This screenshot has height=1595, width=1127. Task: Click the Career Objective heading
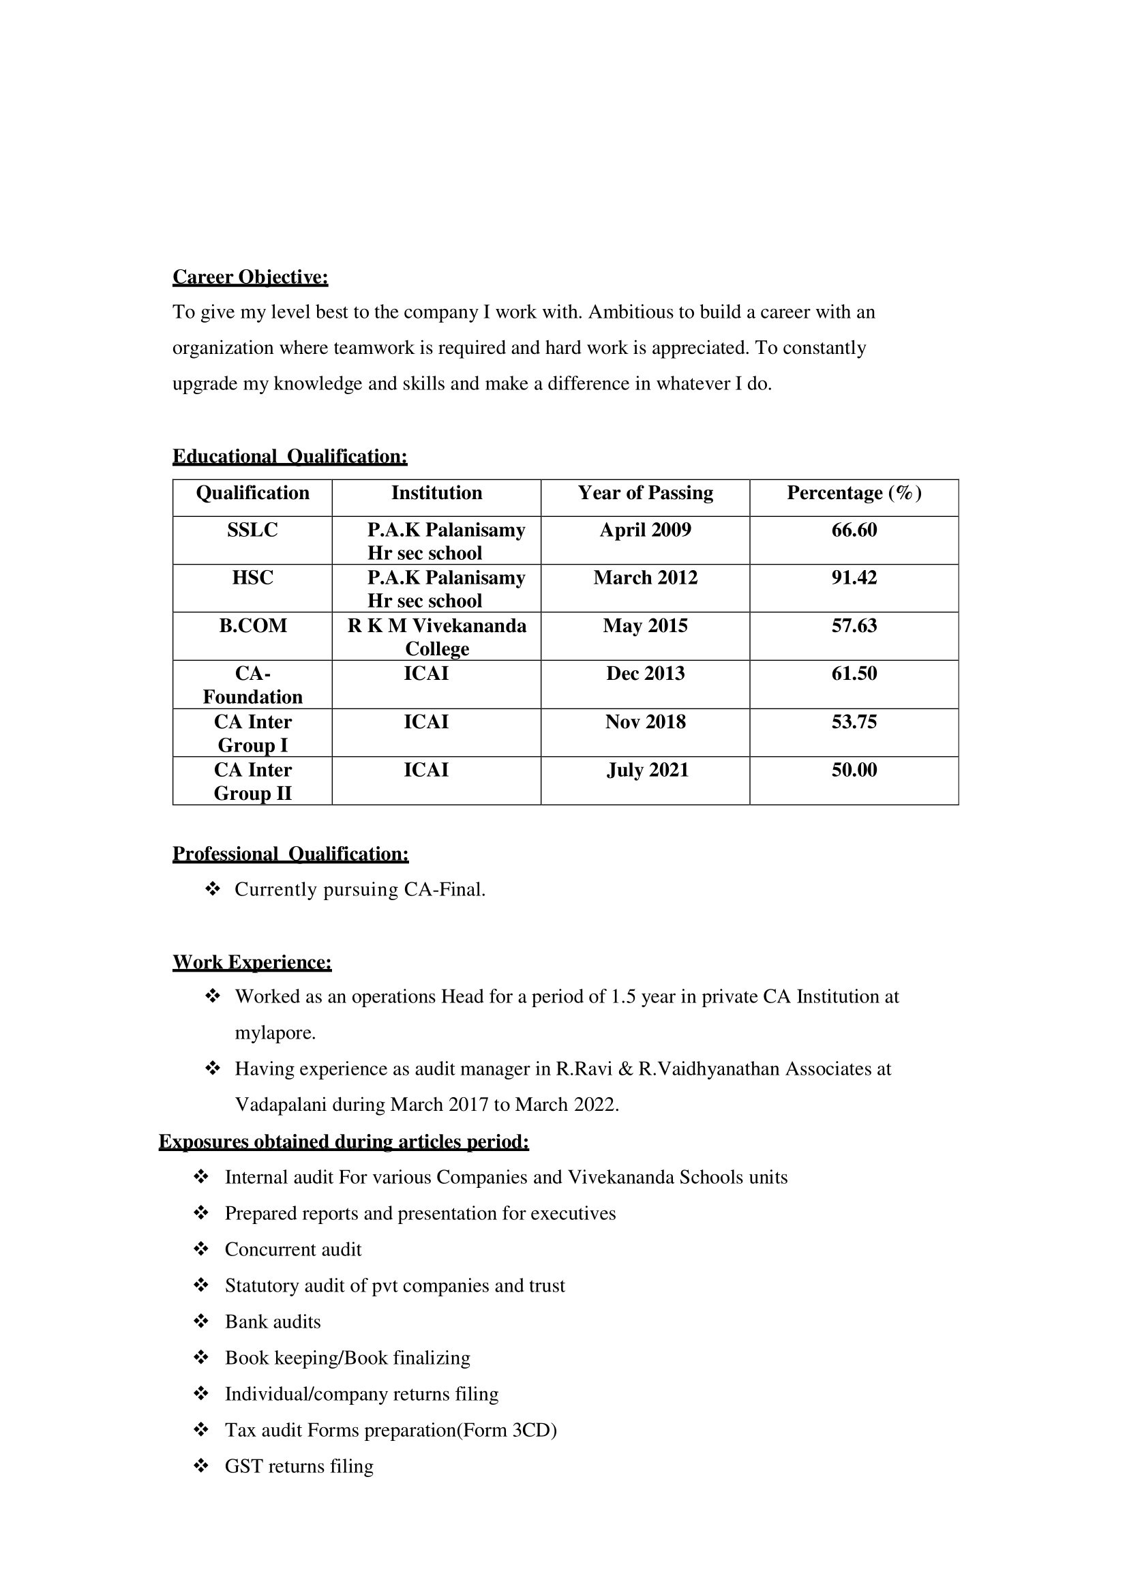pyautogui.click(x=250, y=277)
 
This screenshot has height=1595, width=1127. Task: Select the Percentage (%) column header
pyautogui.click(x=854, y=493)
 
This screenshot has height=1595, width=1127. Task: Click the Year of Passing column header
pyautogui.click(x=645, y=493)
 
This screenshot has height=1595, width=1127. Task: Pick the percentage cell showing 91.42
pyautogui.click(x=854, y=578)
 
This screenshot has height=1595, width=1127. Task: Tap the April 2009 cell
pyautogui.click(x=645, y=530)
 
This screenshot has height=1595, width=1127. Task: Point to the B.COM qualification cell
pyautogui.click(x=253, y=626)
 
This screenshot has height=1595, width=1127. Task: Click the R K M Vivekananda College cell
pyautogui.click(x=437, y=637)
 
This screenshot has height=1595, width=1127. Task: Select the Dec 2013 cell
pyautogui.click(x=645, y=674)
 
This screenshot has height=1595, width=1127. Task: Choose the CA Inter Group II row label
pyautogui.click(x=253, y=781)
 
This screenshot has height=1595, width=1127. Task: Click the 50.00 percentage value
pyautogui.click(x=854, y=771)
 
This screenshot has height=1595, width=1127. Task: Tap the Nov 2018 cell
pyautogui.click(x=645, y=722)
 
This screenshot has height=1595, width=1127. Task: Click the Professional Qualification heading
pyautogui.click(x=290, y=854)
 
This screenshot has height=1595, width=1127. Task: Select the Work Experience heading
pyautogui.click(x=252, y=962)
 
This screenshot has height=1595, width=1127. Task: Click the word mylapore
pyautogui.click(x=275, y=1033)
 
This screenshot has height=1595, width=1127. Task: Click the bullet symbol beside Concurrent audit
pyautogui.click(x=201, y=1250)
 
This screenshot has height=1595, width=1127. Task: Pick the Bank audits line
pyautogui.click(x=273, y=1322)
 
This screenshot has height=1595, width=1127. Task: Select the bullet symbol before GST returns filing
pyautogui.click(x=201, y=1467)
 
